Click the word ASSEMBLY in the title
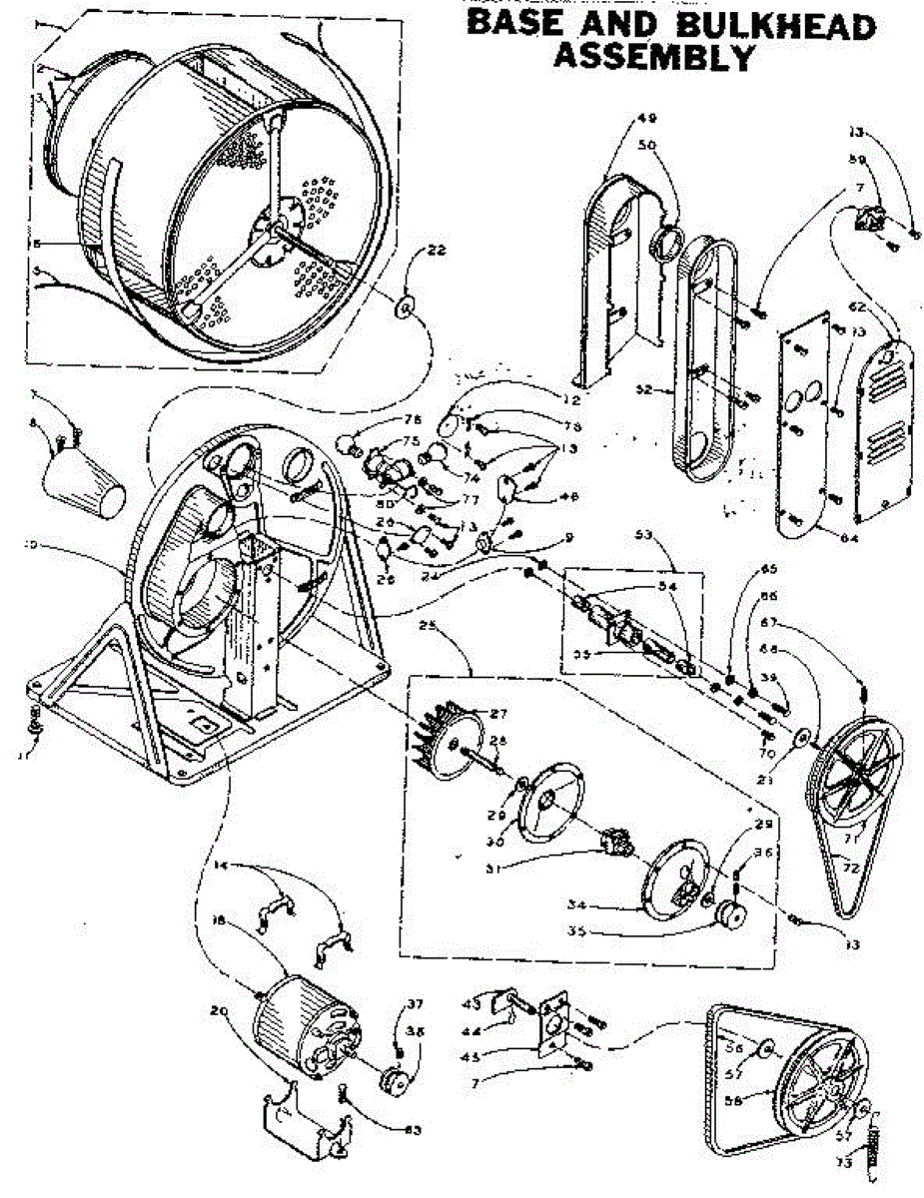tap(653, 58)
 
